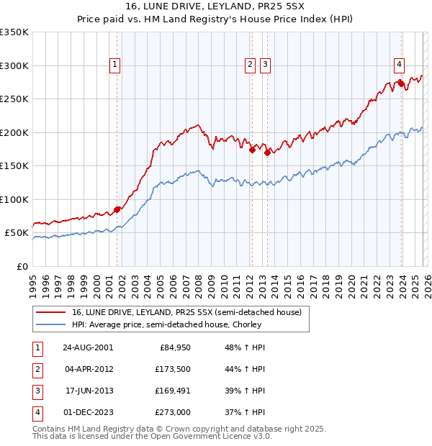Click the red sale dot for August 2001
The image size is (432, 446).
[x=117, y=209]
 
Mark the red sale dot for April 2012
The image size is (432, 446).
[x=252, y=150]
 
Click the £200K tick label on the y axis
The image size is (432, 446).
[x=14, y=132]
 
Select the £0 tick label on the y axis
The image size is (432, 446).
[x=22, y=266]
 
